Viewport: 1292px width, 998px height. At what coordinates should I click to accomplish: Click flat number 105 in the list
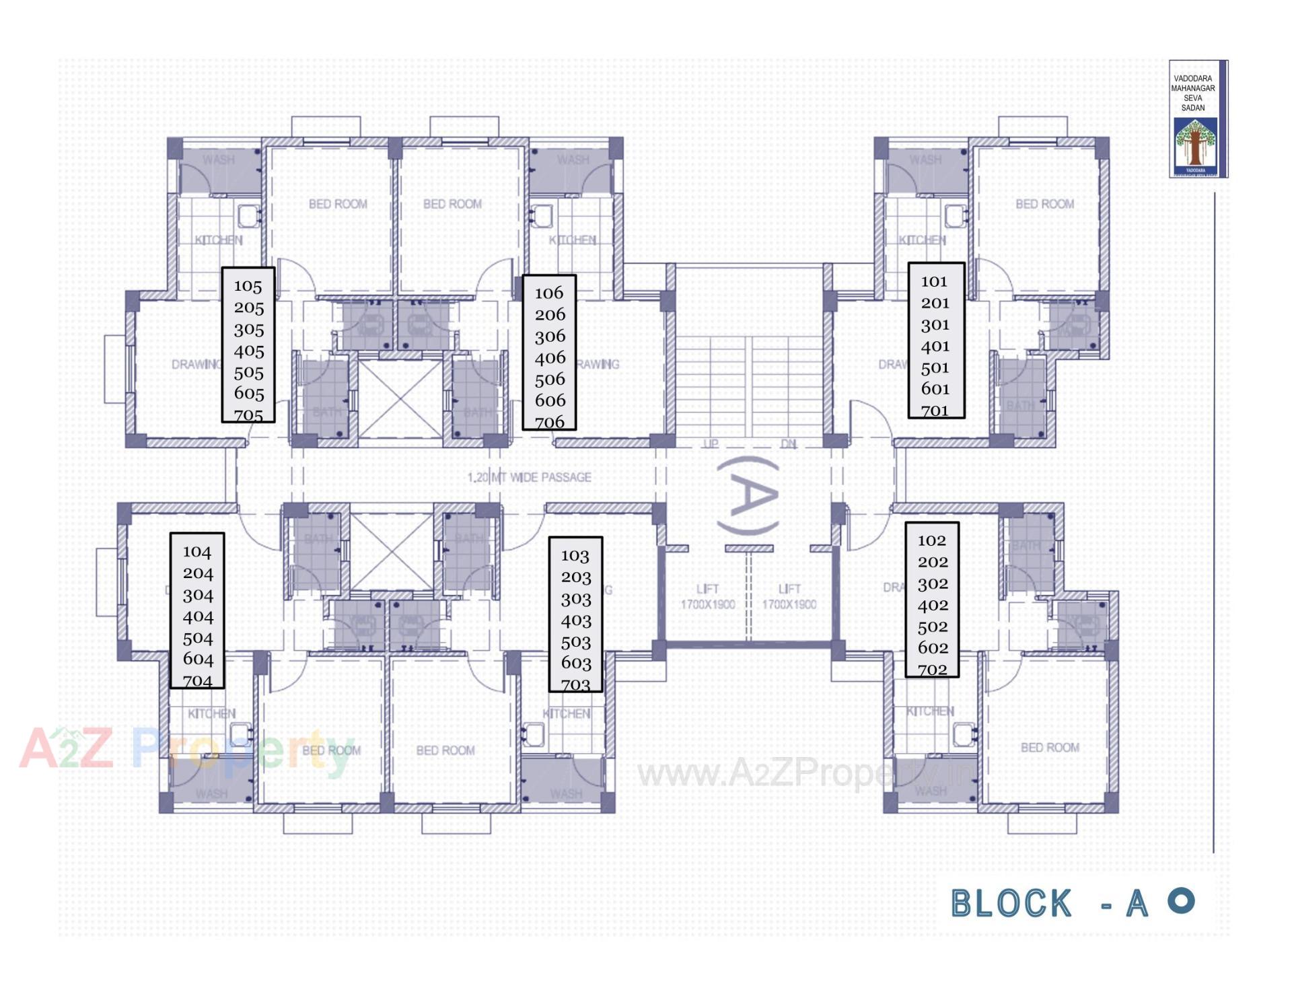[248, 286]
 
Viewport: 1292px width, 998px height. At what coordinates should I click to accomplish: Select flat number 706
[550, 422]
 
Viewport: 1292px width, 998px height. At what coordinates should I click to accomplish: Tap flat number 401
[935, 346]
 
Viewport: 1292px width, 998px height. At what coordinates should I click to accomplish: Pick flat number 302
[933, 583]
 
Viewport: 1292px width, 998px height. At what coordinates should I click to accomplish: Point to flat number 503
[575, 642]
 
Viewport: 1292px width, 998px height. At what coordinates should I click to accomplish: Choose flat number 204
[198, 573]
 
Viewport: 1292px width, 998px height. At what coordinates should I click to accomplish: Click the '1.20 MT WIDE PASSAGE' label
[530, 477]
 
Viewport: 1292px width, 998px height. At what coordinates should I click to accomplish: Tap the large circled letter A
[748, 496]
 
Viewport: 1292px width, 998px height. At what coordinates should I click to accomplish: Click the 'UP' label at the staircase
[711, 443]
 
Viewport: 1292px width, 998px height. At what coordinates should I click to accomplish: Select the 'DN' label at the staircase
[789, 443]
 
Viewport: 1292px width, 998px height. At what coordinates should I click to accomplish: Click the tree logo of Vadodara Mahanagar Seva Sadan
[1195, 143]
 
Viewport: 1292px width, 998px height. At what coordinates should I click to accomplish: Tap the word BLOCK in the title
[1011, 903]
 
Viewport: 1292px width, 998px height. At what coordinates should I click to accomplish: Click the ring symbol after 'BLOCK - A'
[1181, 900]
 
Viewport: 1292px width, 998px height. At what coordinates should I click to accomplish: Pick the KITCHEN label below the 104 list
[211, 713]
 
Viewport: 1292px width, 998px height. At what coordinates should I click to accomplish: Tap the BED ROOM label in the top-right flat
[1044, 204]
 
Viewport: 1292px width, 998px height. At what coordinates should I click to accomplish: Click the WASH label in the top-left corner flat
[219, 159]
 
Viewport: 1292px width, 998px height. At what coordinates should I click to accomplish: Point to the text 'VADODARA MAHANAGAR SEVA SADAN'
[1193, 93]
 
